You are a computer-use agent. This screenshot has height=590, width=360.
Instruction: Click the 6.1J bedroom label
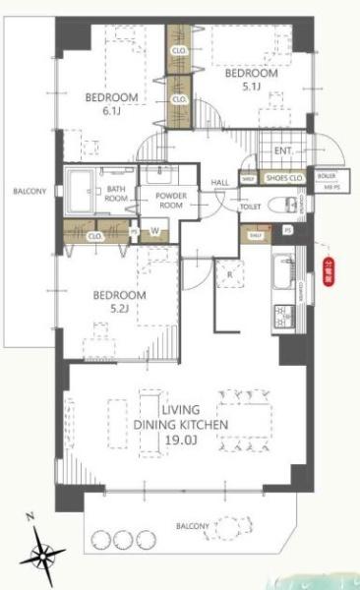pos(111,104)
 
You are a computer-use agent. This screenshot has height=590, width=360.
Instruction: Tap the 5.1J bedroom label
pos(252,79)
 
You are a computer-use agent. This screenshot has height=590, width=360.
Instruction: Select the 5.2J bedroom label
pos(119,301)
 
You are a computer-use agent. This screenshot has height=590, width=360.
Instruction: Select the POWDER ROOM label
pos(171,200)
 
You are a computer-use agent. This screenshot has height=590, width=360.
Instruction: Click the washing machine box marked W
pos(155,232)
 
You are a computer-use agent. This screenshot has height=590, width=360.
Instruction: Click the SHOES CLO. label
pos(283,178)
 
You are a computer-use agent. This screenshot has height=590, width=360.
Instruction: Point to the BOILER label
pos(326,176)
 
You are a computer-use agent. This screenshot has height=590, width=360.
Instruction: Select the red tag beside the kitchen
pos(328,268)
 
